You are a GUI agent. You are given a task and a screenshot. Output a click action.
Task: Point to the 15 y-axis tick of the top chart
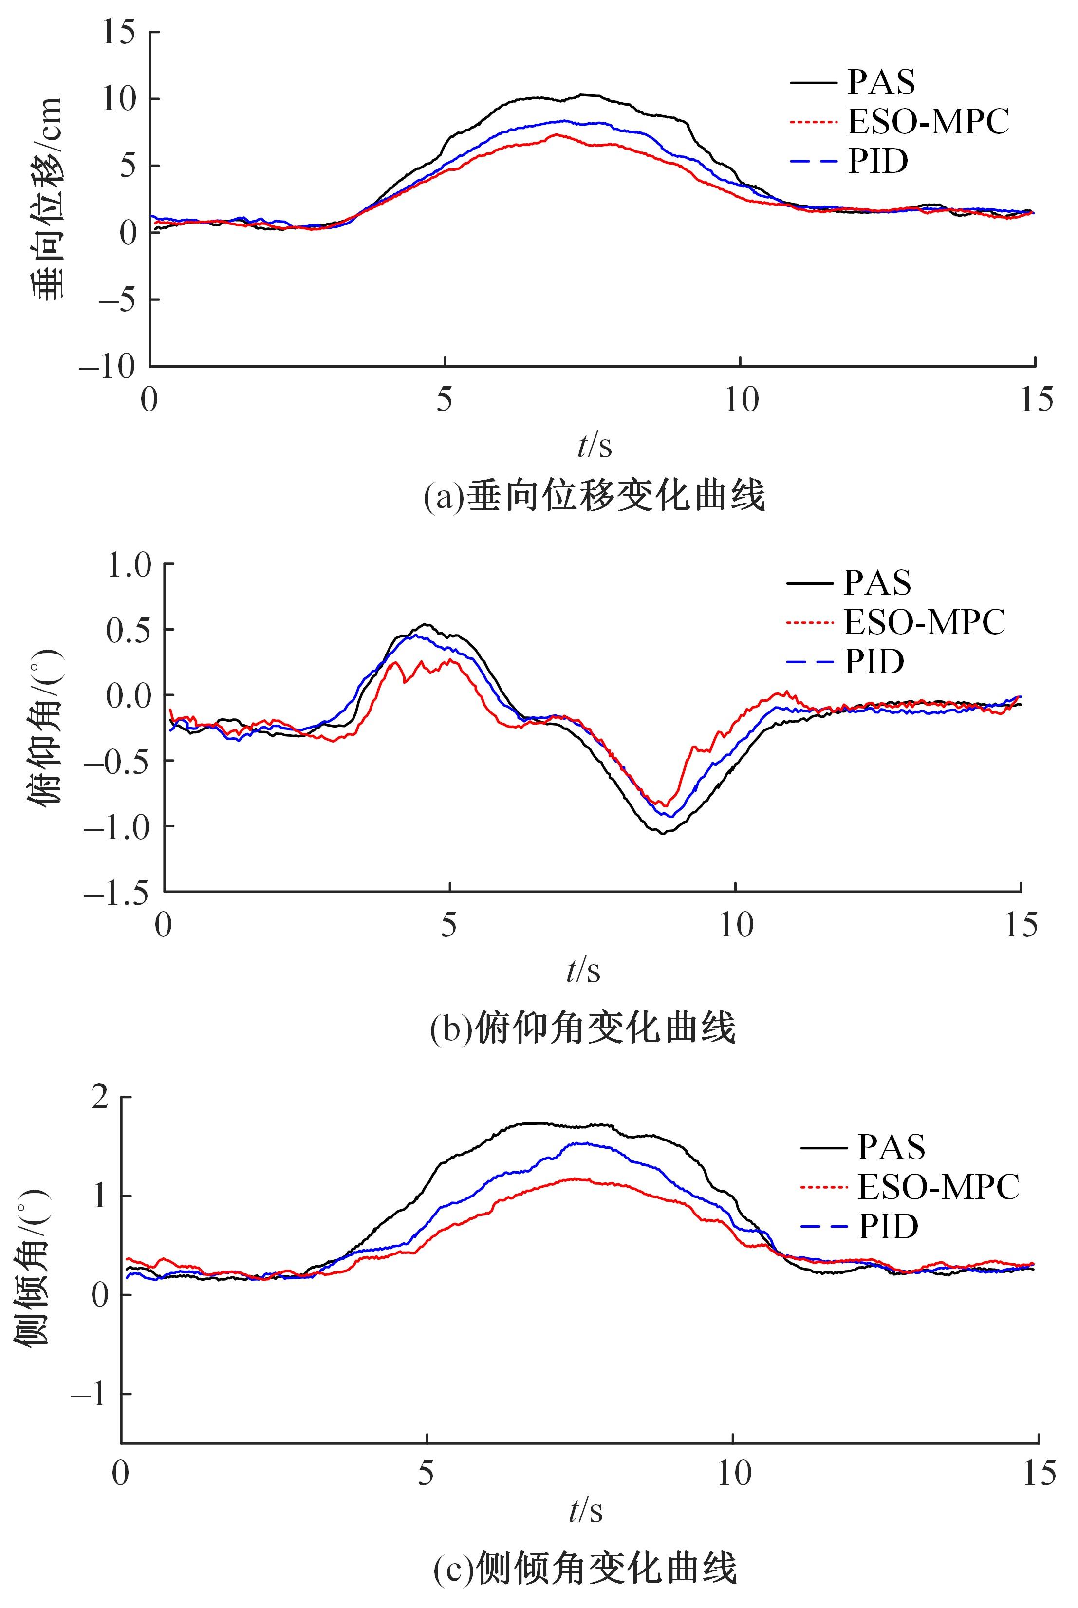(118, 32)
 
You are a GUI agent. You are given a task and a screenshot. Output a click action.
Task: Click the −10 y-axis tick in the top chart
(108, 366)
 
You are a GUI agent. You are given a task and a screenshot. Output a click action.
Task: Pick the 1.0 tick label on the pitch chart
(128, 565)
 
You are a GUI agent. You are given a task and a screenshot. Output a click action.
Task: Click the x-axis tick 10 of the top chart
(741, 399)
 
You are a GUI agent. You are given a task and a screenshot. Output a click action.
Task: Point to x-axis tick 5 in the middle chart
(449, 925)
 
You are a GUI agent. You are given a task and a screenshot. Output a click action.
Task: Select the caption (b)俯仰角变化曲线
(582, 1028)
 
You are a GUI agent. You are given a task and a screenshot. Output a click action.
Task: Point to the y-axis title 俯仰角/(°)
(46, 729)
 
